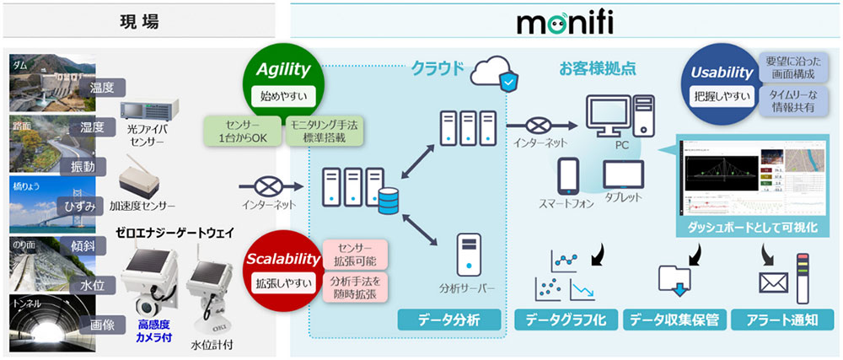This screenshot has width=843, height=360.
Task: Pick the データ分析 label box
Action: click(x=449, y=320)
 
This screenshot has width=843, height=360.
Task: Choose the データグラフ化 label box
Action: click(x=565, y=320)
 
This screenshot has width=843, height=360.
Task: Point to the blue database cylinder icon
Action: click(x=389, y=201)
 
